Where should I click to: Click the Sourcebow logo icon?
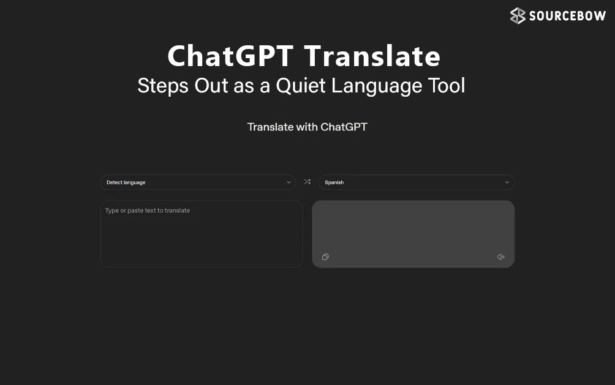(518, 16)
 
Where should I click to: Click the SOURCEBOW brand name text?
(567, 16)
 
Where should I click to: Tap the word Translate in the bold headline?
(372, 56)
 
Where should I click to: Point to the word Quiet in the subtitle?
(301, 85)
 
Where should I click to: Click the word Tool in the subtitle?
(447, 85)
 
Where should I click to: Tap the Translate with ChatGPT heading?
(307, 127)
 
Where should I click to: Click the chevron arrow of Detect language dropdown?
(289, 182)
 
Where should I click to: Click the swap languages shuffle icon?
(307, 182)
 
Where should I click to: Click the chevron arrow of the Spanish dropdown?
(507, 182)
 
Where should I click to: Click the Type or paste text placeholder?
(148, 211)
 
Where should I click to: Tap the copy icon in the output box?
(325, 257)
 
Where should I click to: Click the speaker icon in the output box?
(500, 257)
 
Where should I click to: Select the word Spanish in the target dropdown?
(334, 182)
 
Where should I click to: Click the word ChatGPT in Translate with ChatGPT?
(344, 127)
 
